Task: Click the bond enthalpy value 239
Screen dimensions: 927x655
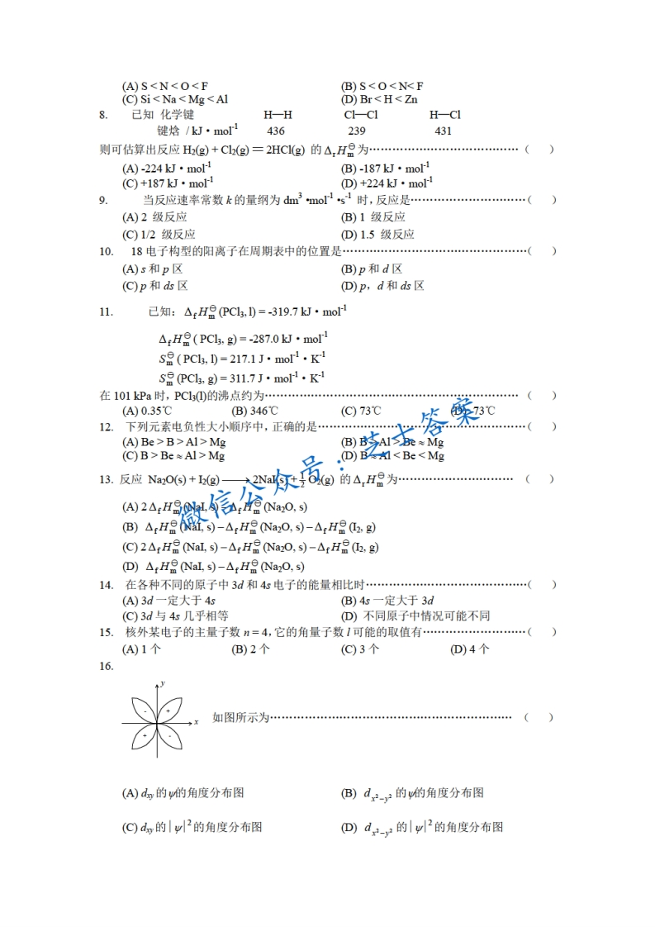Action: coord(357,131)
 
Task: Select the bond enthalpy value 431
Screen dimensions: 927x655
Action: coord(443,131)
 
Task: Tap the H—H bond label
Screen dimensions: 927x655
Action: coord(278,115)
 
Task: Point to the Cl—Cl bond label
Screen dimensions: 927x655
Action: coord(360,115)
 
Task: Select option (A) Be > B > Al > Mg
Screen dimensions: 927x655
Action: coord(173,442)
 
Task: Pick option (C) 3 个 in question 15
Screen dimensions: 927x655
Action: coord(360,649)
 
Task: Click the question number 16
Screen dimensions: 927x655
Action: coord(105,666)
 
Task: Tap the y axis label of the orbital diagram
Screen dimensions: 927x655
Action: coord(164,683)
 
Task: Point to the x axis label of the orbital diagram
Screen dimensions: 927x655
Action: coord(196,722)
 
